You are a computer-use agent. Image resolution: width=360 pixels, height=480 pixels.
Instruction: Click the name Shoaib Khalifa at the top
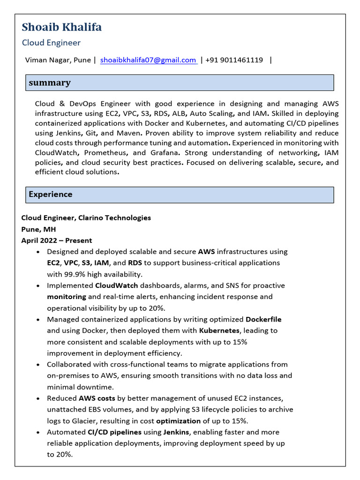click(61, 27)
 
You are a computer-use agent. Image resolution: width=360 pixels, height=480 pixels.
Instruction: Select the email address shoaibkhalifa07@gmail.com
click(148, 60)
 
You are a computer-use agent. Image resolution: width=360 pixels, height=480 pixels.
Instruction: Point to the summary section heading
click(50, 83)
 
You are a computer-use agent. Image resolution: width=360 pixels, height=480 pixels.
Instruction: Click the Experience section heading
click(51, 195)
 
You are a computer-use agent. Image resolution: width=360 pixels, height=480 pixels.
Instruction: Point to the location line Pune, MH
click(38, 229)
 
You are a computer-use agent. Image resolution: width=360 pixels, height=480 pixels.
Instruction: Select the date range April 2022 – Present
click(57, 240)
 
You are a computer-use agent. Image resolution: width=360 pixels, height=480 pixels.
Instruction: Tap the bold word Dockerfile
click(263, 320)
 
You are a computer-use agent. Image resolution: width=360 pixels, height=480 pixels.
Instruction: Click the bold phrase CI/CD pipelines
click(111, 432)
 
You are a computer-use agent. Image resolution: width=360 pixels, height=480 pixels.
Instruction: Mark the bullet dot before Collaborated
click(37, 365)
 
